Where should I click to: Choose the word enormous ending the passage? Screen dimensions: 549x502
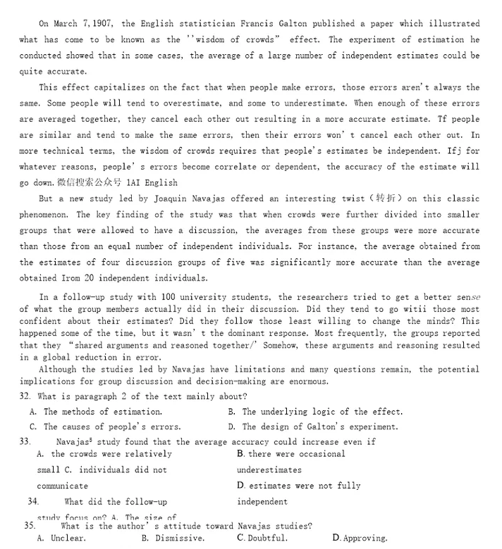coord(305,381)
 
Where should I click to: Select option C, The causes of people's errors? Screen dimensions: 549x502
coord(105,427)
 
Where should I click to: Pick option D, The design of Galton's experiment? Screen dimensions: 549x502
coord(313,427)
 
